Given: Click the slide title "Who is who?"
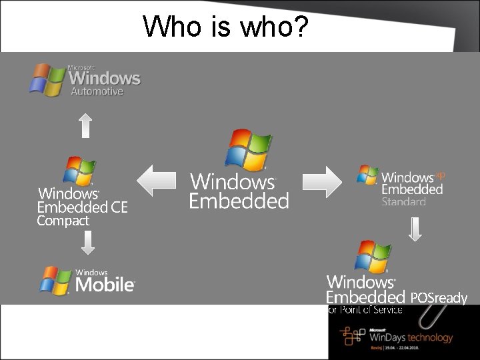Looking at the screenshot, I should coord(225,27).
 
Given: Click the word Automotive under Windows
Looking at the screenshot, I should coord(97,91).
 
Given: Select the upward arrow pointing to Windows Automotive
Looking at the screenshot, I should coord(85,125).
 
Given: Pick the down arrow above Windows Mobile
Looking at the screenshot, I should coord(87,241).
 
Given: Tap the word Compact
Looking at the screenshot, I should coord(63,221).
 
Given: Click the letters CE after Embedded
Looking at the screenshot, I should coord(119,207).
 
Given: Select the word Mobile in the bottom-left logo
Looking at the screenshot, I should coord(105,285).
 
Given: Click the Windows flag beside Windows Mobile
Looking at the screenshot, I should coord(55,281).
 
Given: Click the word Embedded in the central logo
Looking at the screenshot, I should coord(239,201).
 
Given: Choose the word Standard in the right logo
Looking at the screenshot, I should coord(403,201).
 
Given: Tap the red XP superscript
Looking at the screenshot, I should coord(440,176).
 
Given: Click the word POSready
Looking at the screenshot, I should coord(439,298).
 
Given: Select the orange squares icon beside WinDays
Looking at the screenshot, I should coord(352,335).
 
